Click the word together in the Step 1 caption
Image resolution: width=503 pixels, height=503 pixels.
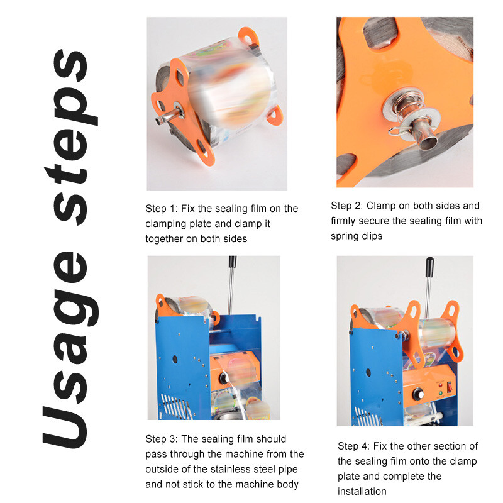pos(164,239)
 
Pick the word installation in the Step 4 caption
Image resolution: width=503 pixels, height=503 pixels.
pos(362,491)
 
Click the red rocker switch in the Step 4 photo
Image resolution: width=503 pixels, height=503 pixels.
pos(450,387)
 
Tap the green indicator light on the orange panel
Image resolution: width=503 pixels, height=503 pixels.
pos(441,392)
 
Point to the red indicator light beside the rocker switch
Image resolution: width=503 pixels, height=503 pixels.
pos(441,385)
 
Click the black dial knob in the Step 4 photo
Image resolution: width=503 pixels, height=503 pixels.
pos(418,394)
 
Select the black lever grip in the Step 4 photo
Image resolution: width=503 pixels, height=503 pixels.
pos(429,267)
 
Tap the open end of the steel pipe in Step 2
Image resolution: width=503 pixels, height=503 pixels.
pos(429,141)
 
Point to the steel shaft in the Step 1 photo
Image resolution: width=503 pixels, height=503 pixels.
pos(167,117)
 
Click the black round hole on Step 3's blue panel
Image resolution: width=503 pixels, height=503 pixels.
pos(175,359)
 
